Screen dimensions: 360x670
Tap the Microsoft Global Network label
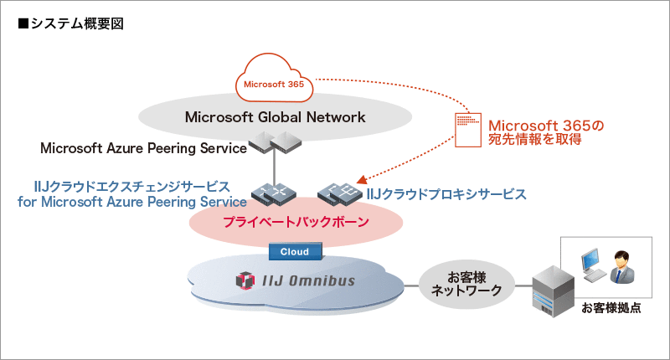tap(275, 117)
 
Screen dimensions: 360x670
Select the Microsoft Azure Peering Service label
tap(143, 148)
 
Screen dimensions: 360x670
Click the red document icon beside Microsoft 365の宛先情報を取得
tap(467, 129)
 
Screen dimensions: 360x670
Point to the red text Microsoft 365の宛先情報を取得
tap(544, 132)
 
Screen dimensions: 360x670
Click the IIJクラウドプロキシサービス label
tap(446, 194)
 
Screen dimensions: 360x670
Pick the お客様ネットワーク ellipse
tap(466, 284)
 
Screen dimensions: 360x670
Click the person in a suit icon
tap(623, 266)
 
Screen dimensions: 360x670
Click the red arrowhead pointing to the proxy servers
tap(362, 180)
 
